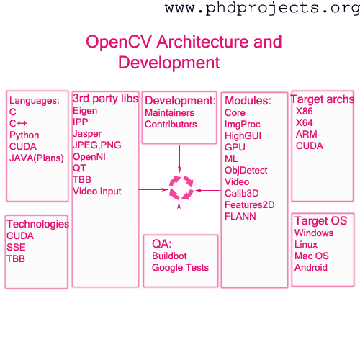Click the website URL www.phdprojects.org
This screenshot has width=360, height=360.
point(262,9)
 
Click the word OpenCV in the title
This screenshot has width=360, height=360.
point(119,42)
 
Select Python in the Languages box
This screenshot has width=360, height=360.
point(24,135)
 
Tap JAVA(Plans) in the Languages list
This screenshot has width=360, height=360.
point(37,158)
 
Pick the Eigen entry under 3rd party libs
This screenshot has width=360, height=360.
point(85,111)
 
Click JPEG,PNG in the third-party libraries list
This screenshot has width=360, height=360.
point(97,145)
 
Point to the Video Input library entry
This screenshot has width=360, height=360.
point(97,192)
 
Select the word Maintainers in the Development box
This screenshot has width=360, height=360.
point(169,113)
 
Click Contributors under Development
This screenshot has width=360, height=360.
point(171,125)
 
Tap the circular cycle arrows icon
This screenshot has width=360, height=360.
point(181,188)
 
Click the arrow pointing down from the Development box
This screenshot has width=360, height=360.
point(179,159)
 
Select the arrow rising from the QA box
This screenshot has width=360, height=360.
point(179,218)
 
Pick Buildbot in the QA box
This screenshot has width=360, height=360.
point(169,256)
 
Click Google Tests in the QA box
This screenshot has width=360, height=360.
point(180,268)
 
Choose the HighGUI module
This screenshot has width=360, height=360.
point(243,136)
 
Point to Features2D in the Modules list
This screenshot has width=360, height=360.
point(250,205)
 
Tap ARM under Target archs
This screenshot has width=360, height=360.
point(307,134)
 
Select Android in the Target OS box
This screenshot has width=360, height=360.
point(311,268)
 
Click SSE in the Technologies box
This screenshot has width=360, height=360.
point(16,248)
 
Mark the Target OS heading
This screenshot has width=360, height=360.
point(321,221)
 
